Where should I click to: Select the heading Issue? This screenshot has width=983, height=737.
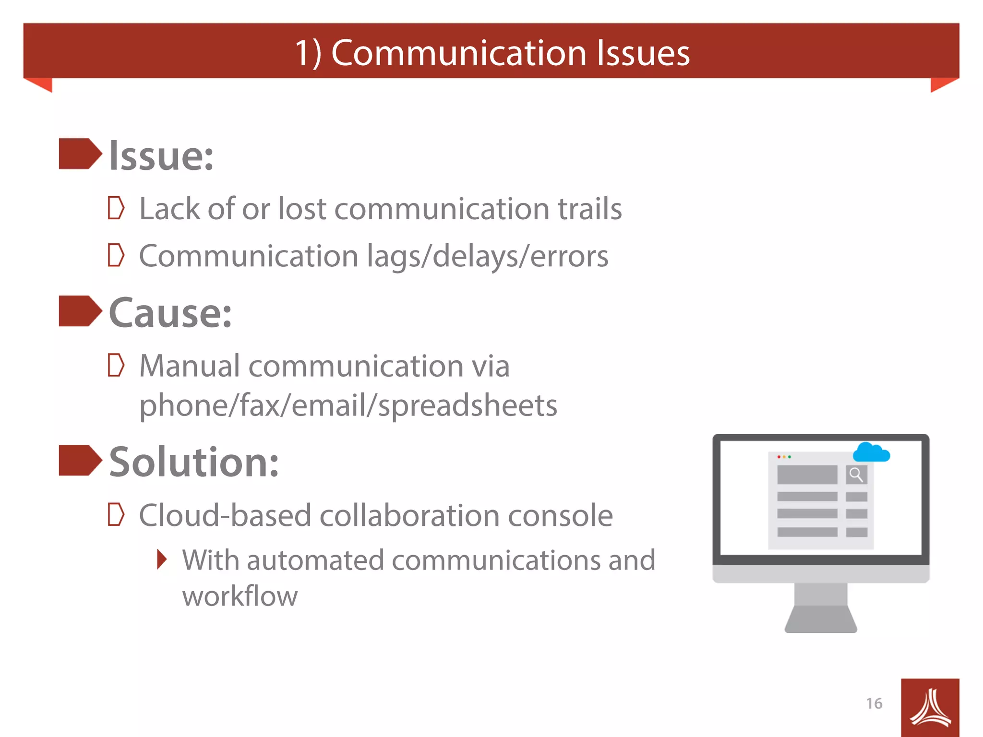pyautogui.click(x=161, y=156)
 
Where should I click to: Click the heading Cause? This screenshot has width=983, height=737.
pyautogui.click(x=170, y=313)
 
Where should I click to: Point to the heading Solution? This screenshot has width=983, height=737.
pyautogui.click(x=194, y=462)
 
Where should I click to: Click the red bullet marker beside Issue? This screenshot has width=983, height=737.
pyautogui.click(x=80, y=154)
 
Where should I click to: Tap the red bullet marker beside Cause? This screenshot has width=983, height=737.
pyautogui.click(x=80, y=311)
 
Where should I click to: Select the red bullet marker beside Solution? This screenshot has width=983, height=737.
pyautogui.click(x=80, y=460)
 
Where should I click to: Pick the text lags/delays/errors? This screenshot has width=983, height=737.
pyautogui.click(x=488, y=256)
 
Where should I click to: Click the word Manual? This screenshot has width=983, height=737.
pyautogui.click(x=190, y=366)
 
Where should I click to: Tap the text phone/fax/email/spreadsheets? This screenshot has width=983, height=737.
pyautogui.click(x=348, y=405)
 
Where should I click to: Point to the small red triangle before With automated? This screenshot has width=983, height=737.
pyautogui.click(x=162, y=559)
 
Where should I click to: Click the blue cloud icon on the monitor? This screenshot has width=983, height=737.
pyautogui.click(x=871, y=452)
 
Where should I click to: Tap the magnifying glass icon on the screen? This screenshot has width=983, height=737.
pyautogui.click(x=856, y=475)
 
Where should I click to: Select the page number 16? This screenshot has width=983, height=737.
pyautogui.click(x=874, y=703)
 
